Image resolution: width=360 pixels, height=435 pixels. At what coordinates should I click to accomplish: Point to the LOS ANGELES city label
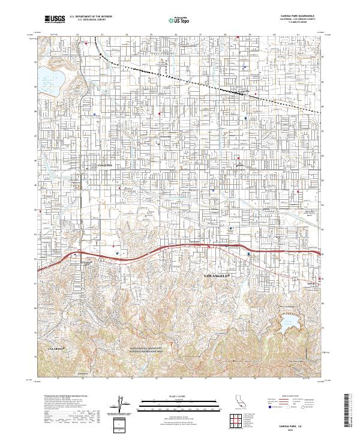218,275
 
